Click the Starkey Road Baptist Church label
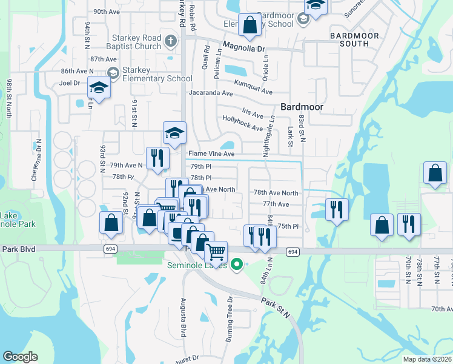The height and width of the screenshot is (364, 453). point(131,42)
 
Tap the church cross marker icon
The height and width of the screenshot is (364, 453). point(171,41)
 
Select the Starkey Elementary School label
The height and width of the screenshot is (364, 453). point(157,74)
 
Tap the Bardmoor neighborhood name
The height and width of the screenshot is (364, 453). point(302,107)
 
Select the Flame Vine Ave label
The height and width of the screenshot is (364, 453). point(211,154)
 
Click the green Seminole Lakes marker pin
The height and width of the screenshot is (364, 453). point(237,265)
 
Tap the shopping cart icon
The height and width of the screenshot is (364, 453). point(216,251)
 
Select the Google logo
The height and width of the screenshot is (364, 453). point(20,356)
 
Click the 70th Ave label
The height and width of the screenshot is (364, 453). point(441,309)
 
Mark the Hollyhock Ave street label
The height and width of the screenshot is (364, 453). point(243,124)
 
